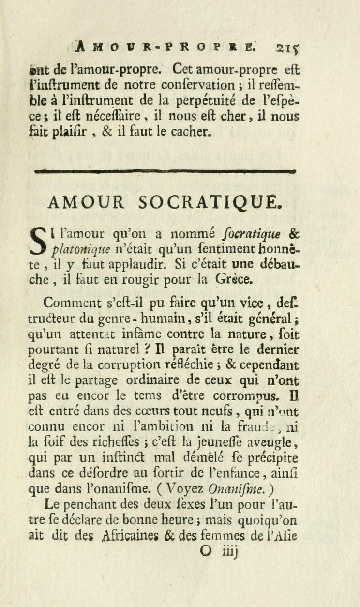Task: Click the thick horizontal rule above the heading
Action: point(166,170)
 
